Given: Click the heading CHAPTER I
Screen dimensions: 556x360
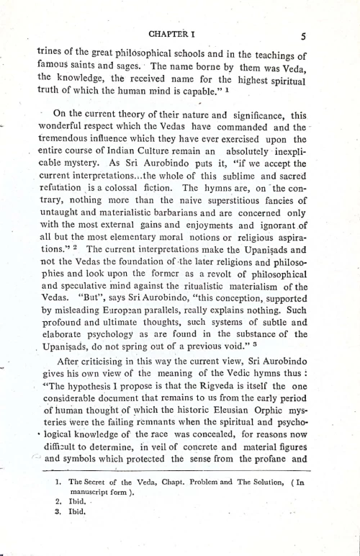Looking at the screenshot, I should pos(174,33).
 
